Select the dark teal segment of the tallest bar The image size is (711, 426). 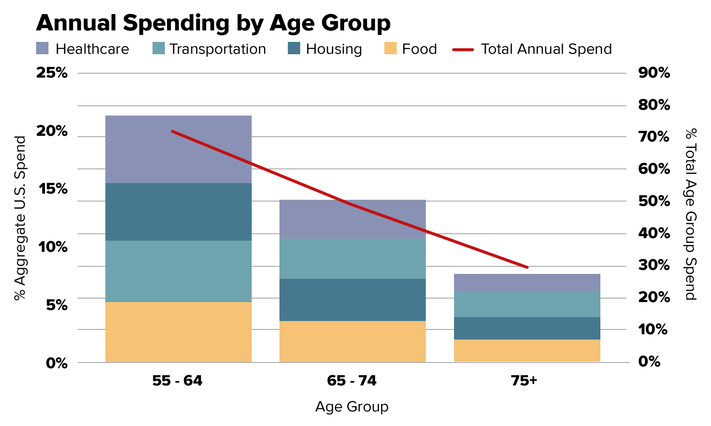178,212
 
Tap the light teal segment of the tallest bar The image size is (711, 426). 178,271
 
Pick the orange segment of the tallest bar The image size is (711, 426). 178,332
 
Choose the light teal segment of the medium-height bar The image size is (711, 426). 353,258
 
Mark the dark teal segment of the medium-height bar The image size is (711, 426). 353,299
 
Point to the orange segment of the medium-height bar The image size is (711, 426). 353,341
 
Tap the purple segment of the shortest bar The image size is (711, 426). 527,283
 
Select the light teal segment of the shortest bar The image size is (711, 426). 527,304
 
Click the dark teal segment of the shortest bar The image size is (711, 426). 527,328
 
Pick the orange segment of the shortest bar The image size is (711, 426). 527,351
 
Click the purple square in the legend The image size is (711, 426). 42,48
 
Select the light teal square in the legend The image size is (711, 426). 159,48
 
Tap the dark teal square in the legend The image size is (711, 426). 294,48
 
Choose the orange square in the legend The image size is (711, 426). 391,48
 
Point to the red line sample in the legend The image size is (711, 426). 463,49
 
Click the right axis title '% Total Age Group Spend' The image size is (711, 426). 690,214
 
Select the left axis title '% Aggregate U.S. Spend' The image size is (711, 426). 20,218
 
